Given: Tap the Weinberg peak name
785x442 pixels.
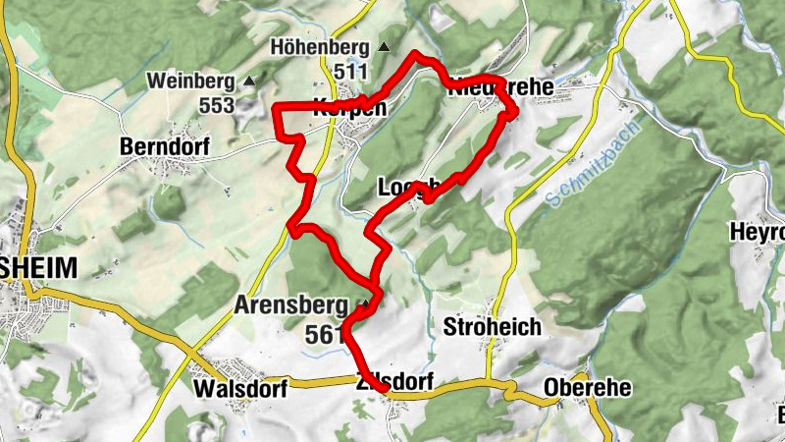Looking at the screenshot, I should click(192, 81).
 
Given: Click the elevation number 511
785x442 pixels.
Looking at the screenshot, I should click(350, 72).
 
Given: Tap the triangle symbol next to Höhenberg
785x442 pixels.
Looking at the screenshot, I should click(384, 47).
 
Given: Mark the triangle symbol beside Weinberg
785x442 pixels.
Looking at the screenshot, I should click(250, 81).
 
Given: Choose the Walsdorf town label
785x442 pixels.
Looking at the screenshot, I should click(240, 389).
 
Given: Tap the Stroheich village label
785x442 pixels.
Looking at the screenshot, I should click(493, 326).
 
